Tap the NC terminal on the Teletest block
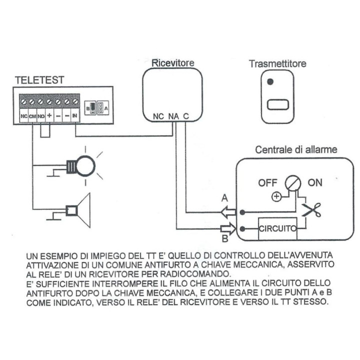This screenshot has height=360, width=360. point(23,116)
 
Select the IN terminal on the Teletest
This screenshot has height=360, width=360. point(75,116)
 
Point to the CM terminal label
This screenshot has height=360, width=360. point(32,116)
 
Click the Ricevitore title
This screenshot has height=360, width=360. point(172,63)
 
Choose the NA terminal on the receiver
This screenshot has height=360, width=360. point(173,116)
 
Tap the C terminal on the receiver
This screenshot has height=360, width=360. point(185,116)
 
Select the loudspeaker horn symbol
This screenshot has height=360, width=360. point(79,210)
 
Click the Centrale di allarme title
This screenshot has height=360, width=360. point(296,149)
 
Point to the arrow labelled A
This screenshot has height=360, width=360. point(227,211)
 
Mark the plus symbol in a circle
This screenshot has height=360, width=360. point(276,196)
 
